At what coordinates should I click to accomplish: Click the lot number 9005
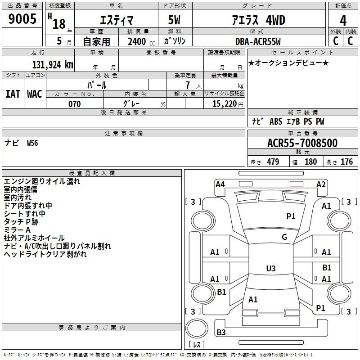22,18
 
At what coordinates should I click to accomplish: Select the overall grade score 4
343,20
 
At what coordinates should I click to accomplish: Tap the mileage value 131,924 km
53,64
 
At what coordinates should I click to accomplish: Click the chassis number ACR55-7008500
302,143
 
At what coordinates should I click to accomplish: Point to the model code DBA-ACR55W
258,41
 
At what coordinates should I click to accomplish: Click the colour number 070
75,104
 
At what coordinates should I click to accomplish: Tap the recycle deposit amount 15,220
225,103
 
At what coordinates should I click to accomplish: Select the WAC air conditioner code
35,94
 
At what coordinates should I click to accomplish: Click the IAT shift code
13,94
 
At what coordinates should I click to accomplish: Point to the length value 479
273,162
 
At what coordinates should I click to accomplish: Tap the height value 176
346,162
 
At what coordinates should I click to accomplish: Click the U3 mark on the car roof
271,268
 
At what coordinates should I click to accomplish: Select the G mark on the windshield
284,237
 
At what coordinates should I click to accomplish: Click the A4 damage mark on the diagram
220,184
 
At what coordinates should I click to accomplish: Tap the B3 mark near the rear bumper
221,332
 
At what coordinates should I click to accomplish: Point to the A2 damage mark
321,184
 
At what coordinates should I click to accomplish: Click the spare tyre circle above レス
197,328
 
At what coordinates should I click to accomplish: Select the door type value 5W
174,20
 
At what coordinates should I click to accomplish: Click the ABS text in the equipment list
276,121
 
